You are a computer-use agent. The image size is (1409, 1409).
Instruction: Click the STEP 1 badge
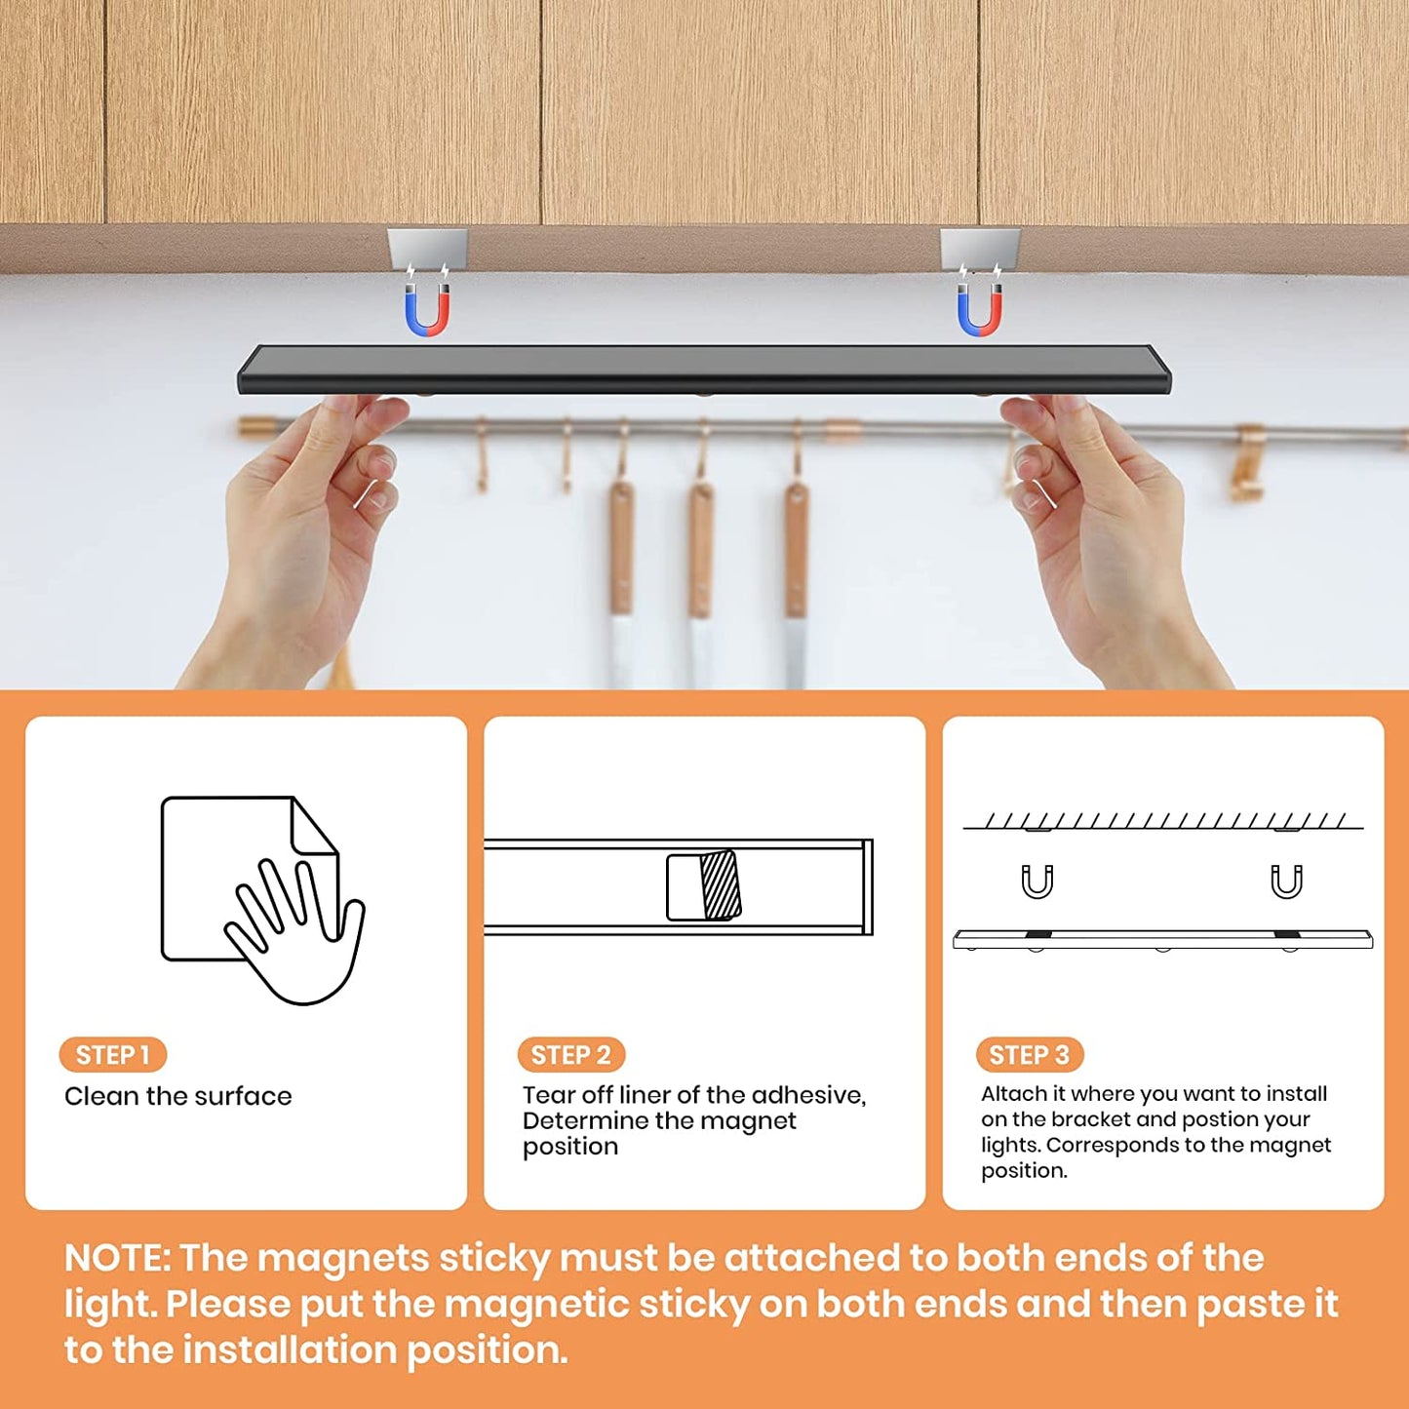pos(112,1054)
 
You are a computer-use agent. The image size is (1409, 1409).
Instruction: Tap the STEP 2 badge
pos(570,1054)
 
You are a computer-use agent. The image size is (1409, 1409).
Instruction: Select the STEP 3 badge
pos(1029,1054)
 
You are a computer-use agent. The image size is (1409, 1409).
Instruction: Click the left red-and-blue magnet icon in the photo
pos(427,310)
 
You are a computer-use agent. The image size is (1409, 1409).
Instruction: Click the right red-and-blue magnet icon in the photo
pos(979,310)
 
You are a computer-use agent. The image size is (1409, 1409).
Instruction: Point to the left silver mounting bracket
pos(427,248)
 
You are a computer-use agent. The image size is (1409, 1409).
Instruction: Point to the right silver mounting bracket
pos(979,248)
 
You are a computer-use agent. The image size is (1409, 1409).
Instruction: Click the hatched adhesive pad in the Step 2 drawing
pos(721,885)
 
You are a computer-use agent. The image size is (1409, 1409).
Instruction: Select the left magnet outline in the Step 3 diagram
pos(1037,881)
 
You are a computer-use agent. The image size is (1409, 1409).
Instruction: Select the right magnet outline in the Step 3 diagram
pos(1286,881)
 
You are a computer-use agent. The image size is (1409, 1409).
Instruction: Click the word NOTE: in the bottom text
pos(117,1258)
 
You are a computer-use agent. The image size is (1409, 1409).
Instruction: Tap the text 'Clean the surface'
pos(177,1096)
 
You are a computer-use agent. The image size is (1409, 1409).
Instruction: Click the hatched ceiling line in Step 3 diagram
pos(1162,821)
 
